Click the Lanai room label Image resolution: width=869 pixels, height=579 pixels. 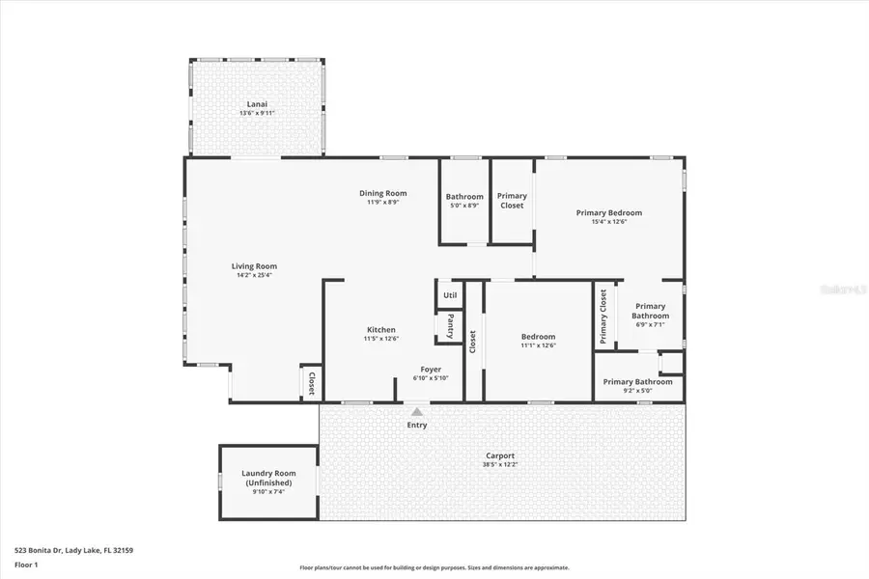(x=258, y=104)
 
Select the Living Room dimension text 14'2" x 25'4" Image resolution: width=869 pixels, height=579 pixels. (x=254, y=275)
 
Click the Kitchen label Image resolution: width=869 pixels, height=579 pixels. (x=380, y=330)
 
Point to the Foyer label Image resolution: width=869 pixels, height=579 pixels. (x=431, y=369)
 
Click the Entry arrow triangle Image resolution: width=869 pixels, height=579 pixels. (x=417, y=412)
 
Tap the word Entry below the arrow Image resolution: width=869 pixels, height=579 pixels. (x=417, y=425)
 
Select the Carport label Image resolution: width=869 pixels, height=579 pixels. (x=500, y=455)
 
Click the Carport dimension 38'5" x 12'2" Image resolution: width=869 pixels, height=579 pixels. (x=500, y=465)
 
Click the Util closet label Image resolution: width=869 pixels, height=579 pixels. (x=450, y=295)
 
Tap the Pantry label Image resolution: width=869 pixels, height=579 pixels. (x=450, y=325)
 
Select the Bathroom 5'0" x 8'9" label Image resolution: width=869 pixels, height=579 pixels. (x=464, y=197)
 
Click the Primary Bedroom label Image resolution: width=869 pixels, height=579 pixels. (x=608, y=212)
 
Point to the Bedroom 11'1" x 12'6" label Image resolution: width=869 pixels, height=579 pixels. (x=538, y=337)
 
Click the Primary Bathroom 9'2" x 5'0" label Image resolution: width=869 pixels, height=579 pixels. (x=637, y=382)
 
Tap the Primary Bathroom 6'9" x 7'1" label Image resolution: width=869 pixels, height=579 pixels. (x=650, y=311)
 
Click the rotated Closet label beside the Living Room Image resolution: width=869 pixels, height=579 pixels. (x=312, y=383)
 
